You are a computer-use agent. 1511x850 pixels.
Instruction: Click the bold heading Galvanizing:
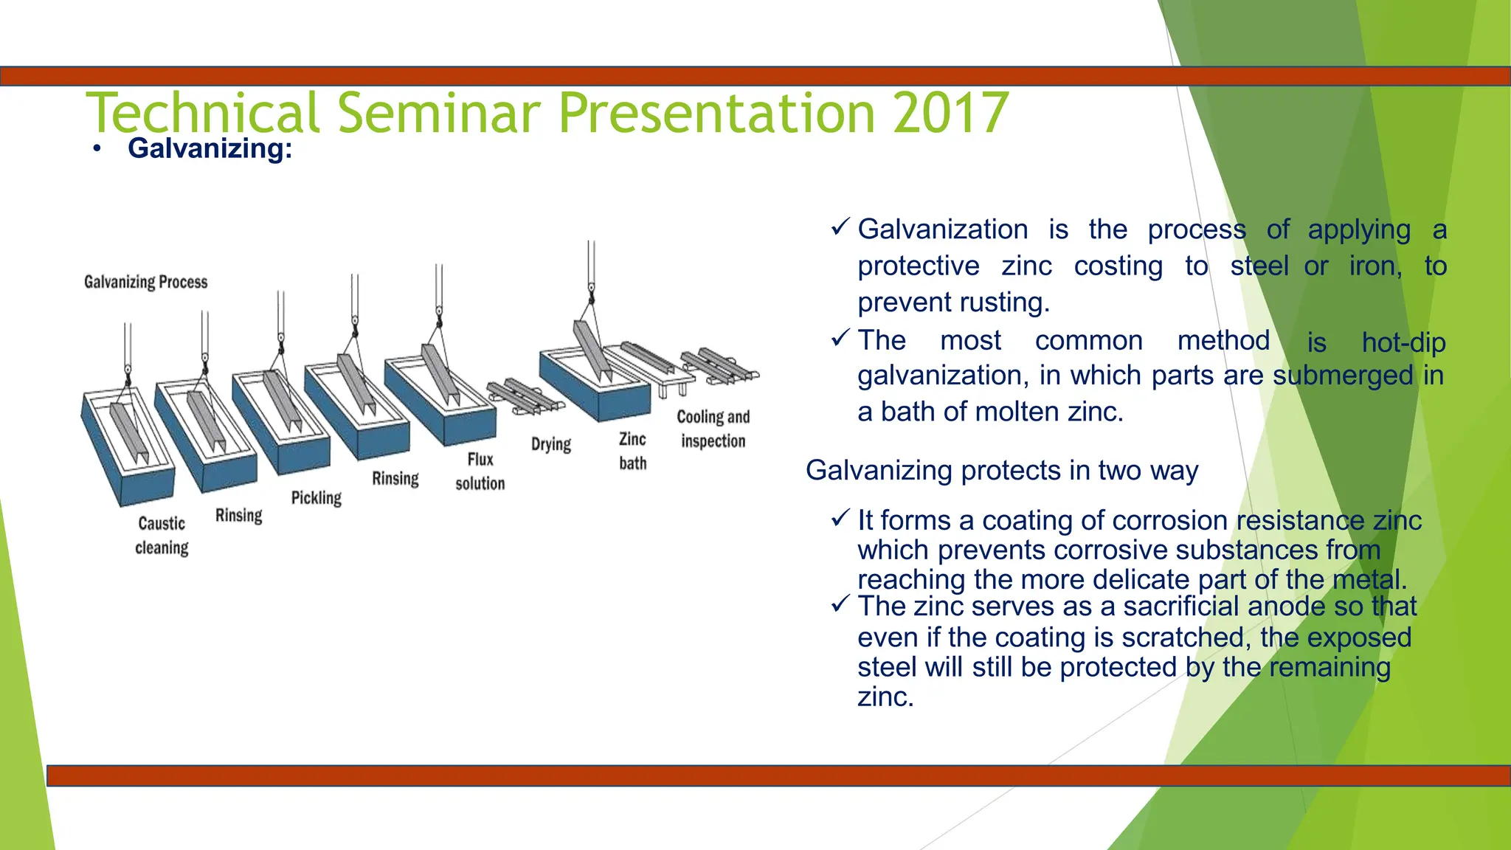[210, 148]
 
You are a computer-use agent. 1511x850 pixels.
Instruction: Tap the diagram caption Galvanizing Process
[145, 282]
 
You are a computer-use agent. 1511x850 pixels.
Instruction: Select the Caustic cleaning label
[162, 536]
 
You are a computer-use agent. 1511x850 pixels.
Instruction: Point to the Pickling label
[316, 498]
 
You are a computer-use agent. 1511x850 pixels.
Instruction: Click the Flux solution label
[480, 471]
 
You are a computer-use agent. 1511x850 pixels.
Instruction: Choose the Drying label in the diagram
[551, 444]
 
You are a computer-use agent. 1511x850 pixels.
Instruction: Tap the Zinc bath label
[632, 451]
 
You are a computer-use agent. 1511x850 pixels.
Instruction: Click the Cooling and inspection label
[713, 429]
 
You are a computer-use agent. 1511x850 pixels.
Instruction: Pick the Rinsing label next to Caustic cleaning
[238, 515]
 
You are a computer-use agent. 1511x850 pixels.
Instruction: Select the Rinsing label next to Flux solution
[395, 478]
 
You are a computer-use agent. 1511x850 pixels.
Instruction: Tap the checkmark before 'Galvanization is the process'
[840, 227]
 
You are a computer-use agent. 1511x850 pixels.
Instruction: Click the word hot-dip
[1403, 342]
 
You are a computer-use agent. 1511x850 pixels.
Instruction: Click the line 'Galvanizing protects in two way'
[1001, 470]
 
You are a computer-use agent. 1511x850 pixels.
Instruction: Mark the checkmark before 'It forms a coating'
[840, 519]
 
